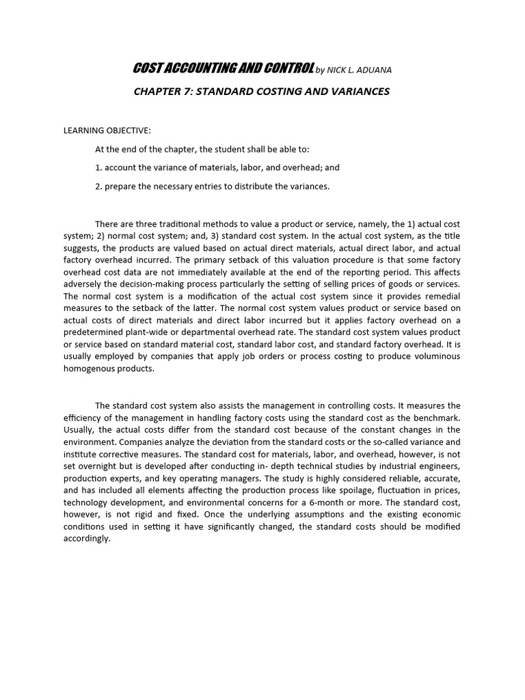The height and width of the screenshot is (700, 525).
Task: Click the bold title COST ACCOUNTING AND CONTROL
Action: click(x=223, y=68)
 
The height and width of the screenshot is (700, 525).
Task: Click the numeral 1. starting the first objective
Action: click(x=98, y=167)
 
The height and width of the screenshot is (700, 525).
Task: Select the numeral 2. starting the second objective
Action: click(x=98, y=186)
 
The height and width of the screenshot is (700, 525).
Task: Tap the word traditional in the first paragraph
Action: click(x=178, y=224)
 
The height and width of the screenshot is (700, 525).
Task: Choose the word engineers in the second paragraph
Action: click(x=440, y=466)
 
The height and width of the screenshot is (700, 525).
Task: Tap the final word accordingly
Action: click(x=86, y=539)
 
